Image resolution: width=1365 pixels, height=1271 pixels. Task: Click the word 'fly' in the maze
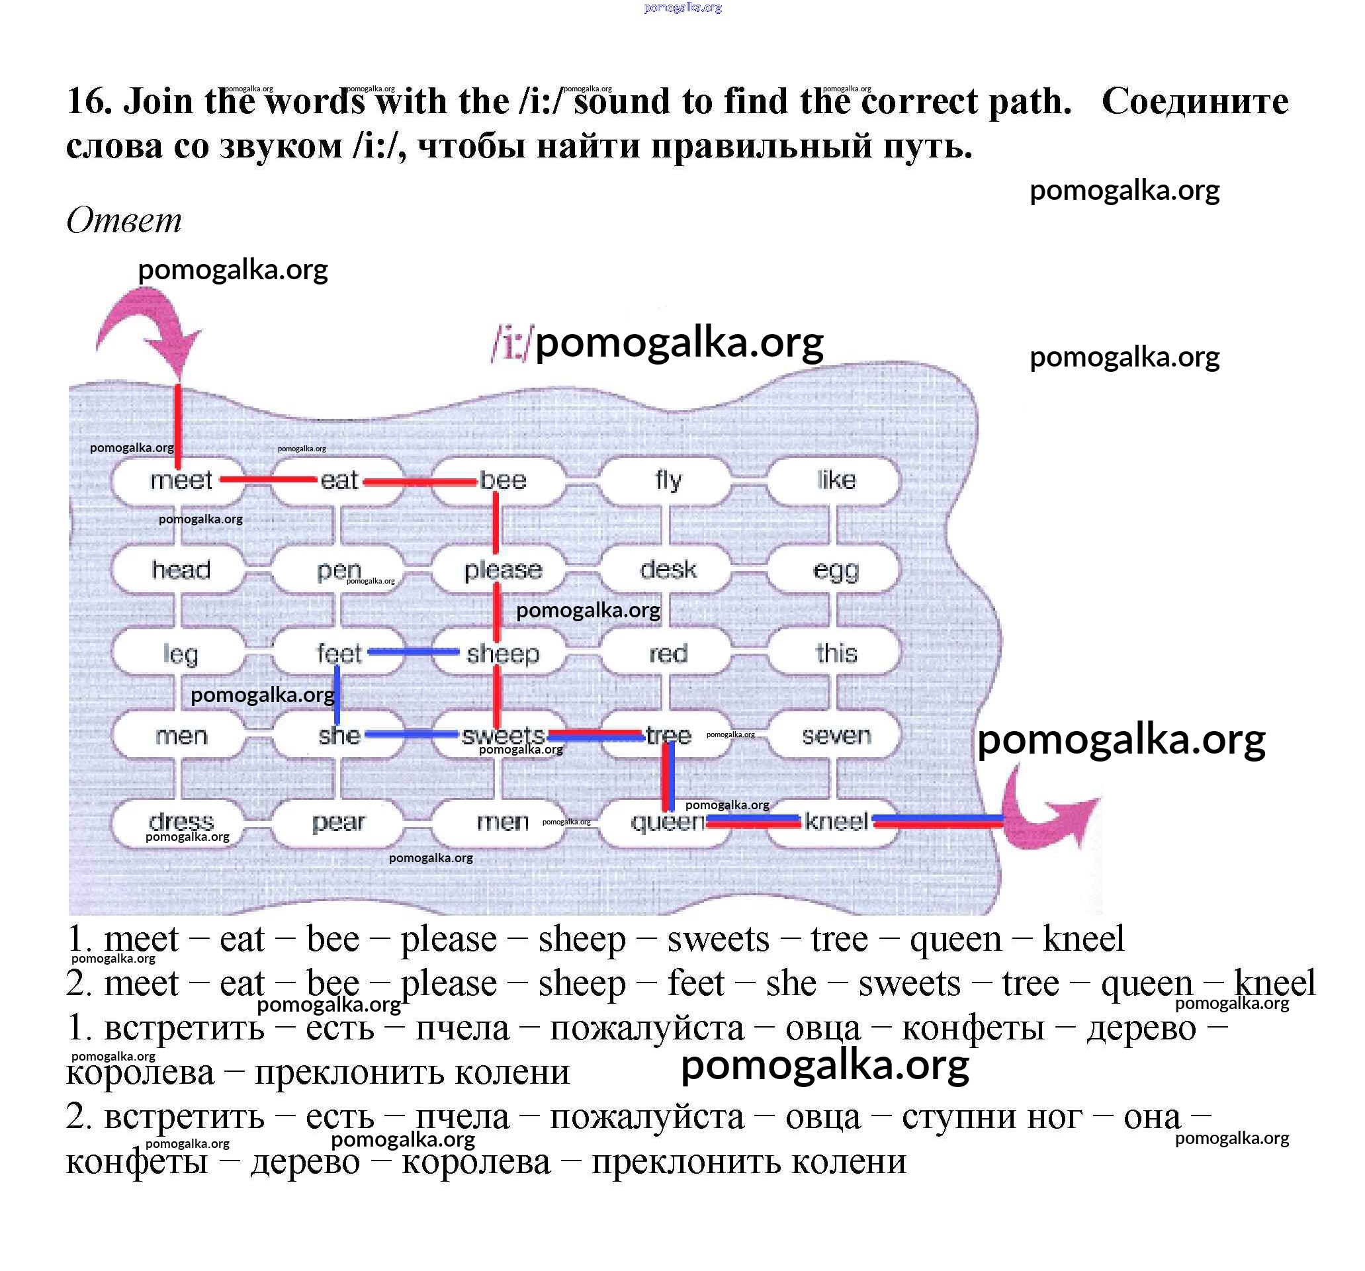(x=668, y=480)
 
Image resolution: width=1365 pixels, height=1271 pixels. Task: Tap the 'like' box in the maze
(x=836, y=480)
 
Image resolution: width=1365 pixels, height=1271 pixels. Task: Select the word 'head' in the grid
(x=181, y=570)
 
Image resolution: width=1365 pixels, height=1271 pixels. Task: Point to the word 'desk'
(x=668, y=570)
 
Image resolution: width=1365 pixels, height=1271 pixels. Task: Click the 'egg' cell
(x=836, y=570)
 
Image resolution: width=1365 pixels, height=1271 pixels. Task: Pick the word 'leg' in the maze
(x=181, y=654)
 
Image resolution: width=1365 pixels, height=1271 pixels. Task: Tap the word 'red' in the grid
(x=668, y=654)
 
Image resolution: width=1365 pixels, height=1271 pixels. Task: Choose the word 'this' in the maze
(x=836, y=654)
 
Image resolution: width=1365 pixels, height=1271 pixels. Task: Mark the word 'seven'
(x=836, y=736)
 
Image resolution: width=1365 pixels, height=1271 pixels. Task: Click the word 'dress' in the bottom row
(x=181, y=821)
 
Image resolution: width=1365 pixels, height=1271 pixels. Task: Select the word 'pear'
(x=338, y=822)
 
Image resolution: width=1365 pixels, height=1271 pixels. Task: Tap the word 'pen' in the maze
(x=338, y=570)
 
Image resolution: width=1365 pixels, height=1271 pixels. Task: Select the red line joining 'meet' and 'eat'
(x=268, y=479)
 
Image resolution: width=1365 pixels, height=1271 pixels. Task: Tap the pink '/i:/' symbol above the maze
(x=510, y=343)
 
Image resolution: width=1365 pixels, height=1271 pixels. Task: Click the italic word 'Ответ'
(x=124, y=221)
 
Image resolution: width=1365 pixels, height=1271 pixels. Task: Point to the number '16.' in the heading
(x=89, y=102)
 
